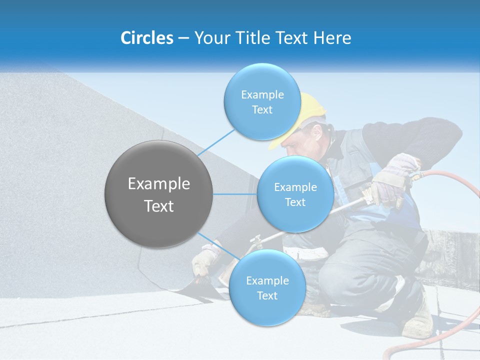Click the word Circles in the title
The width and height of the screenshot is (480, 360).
tap(146, 38)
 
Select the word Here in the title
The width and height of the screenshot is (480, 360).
tap(332, 38)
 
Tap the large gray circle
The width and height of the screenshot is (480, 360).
tap(158, 194)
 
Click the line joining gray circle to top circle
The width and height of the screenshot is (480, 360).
tap(216, 142)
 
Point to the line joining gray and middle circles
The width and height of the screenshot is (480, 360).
tap(235, 194)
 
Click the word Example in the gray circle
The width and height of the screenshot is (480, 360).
tap(158, 184)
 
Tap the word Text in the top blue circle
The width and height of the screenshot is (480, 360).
tap(262, 110)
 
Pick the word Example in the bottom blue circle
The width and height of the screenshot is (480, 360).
tap(267, 280)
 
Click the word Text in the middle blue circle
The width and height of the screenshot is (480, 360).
tap(295, 202)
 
